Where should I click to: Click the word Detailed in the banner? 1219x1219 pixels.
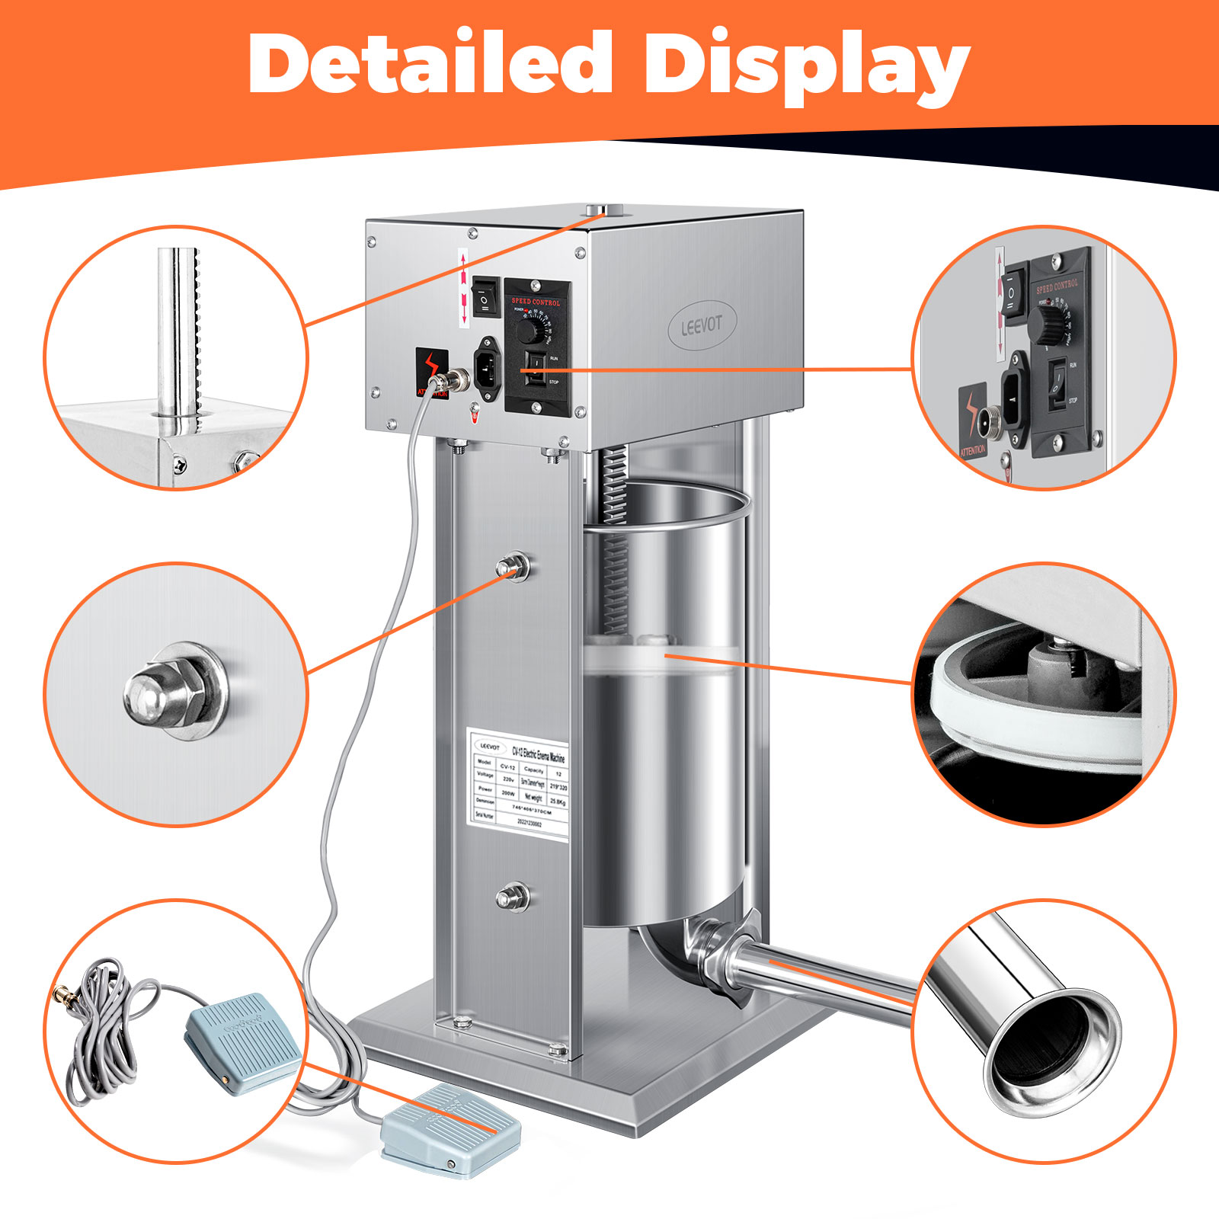[430, 64]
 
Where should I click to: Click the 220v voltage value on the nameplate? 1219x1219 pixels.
[509, 779]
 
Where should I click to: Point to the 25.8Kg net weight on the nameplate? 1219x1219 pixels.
[558, 802]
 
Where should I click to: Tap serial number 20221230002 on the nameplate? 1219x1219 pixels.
[529, 824]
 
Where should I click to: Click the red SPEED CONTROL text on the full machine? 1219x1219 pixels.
[536, 302]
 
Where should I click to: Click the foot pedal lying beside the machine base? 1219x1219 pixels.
[450, 1131]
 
